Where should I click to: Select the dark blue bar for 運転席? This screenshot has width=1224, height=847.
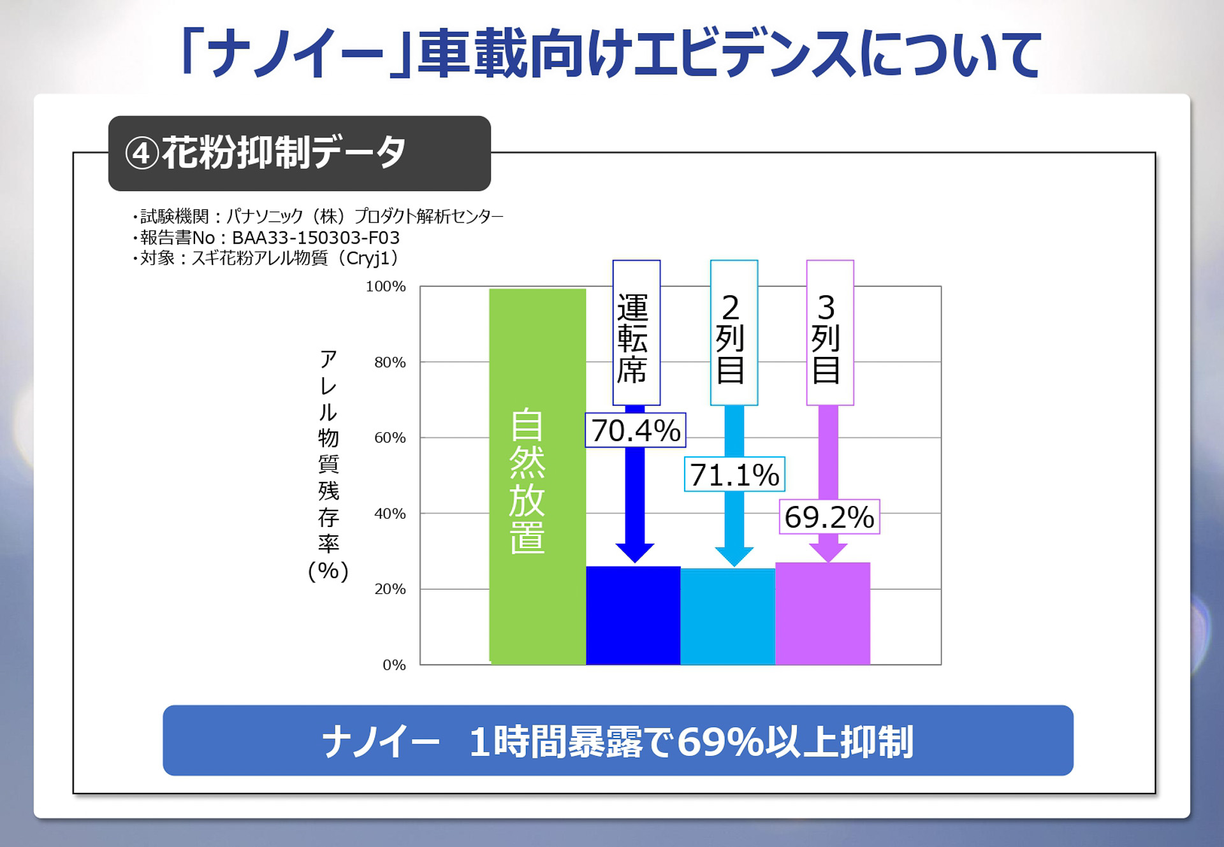(632, 616)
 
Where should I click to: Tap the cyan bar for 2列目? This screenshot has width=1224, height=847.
(727, 617)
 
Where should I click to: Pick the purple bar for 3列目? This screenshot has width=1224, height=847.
(822, 614)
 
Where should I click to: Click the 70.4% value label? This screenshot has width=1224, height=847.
(636, 430)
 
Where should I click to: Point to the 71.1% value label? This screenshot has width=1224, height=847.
(734, 475)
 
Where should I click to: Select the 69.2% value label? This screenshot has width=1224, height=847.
(829, 517)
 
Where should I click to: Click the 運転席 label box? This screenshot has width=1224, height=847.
(636, 333)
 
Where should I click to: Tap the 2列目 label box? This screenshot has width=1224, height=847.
(734, 333)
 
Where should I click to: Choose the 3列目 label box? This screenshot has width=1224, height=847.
(829, 333)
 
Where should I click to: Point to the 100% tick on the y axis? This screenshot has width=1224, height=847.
(386, 287)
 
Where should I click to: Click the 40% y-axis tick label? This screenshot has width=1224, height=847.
(390, 514)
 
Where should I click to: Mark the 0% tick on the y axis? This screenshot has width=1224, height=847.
(394, 665)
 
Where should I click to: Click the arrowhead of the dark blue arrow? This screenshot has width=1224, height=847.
(635, 553)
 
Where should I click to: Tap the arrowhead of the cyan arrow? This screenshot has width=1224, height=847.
(734, 556)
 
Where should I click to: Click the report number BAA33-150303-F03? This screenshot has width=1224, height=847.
(316, 238)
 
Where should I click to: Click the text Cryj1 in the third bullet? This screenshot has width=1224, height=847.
(368, 258)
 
